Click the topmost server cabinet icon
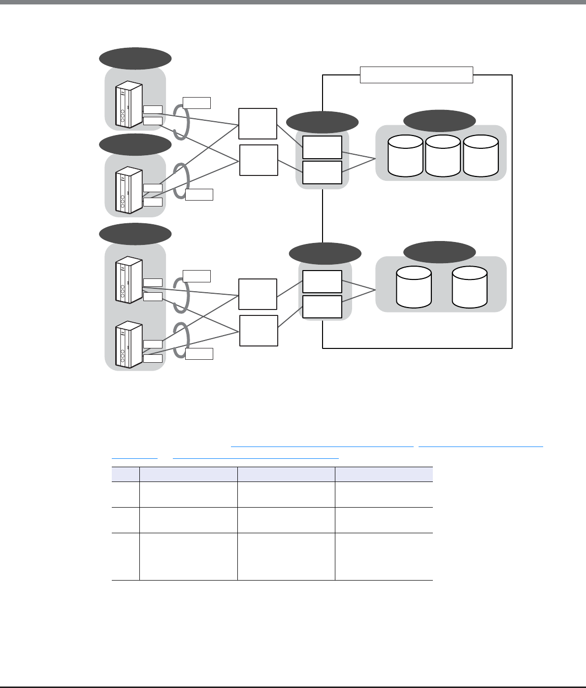[129, 104]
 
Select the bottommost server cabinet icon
[129, 345]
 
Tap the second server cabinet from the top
[129, 191]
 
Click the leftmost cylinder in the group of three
[405, 156]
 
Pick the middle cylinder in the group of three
[443, 156]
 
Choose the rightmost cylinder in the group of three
[480, 156]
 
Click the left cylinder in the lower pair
[414, 287]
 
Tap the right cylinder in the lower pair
[469, 287]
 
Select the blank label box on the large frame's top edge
[417, 75]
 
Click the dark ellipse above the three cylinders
[440, 121]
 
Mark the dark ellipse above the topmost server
[135, 59]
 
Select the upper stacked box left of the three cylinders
[322, 147]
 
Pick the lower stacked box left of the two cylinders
[322, 307]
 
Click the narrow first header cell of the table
[126, 474]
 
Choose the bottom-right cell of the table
[384, 556]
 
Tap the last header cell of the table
[384, 474]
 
